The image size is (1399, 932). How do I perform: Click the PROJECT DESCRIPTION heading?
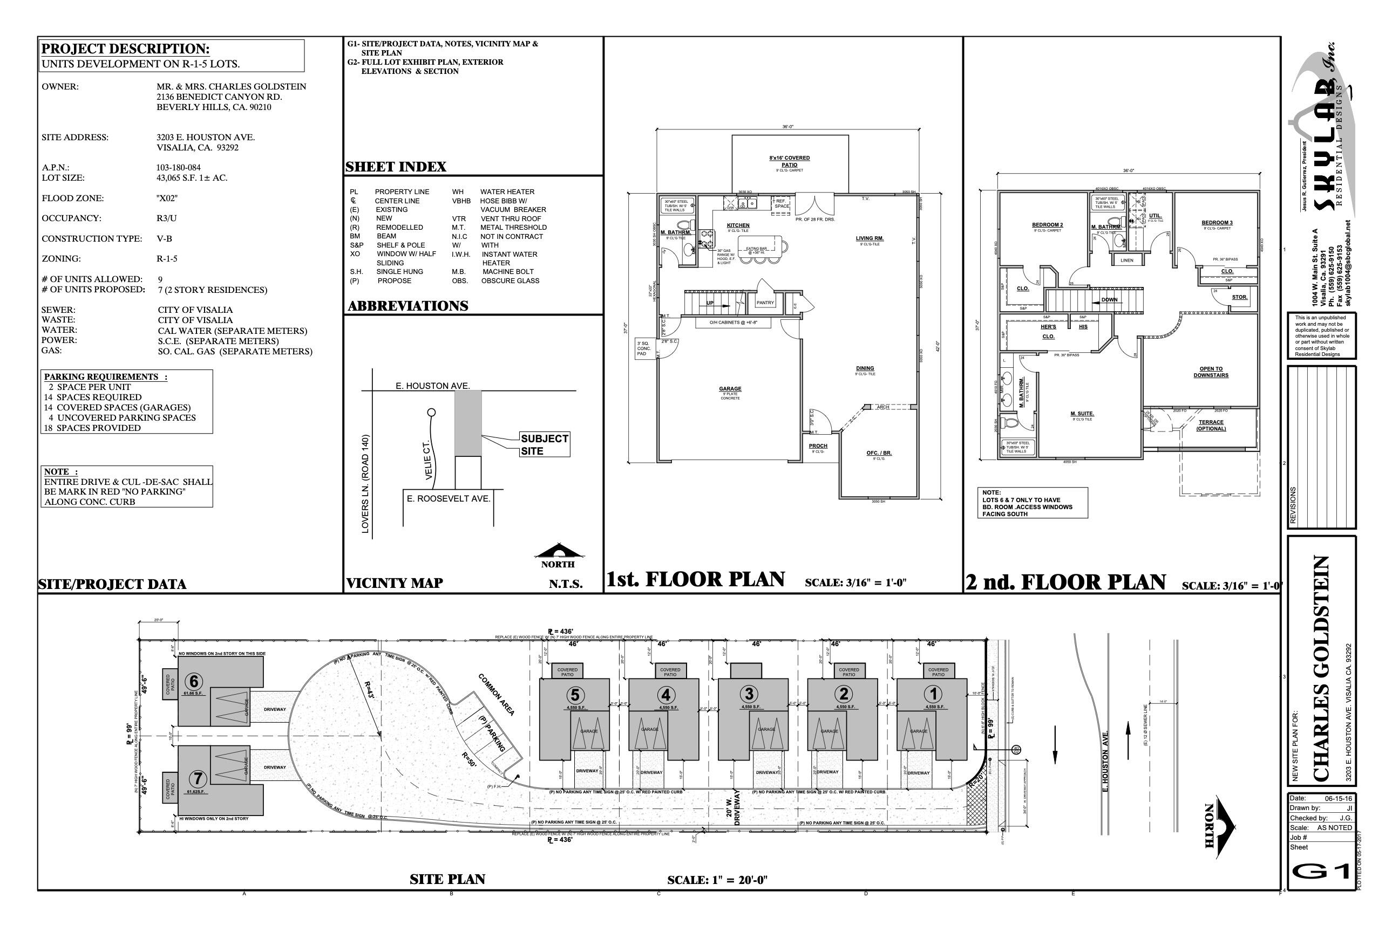coord(126,49)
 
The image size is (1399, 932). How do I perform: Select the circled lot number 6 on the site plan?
coord(194,681)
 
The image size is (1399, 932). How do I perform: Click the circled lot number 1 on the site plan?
coord(933,694)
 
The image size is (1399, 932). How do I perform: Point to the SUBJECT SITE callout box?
coord(544,444)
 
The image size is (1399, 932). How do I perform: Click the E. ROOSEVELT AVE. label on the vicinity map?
coord(449,498)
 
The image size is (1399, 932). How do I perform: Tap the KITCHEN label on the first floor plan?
coord(738,225)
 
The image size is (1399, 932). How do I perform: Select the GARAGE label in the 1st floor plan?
coord(730,389)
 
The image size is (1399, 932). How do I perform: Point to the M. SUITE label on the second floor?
coord(1082,414)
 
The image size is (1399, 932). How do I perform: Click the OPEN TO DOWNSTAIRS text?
coord(1211,372)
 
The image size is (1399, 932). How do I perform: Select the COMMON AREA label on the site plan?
coord(496,694)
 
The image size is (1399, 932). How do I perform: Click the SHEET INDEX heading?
coord(396,167)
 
